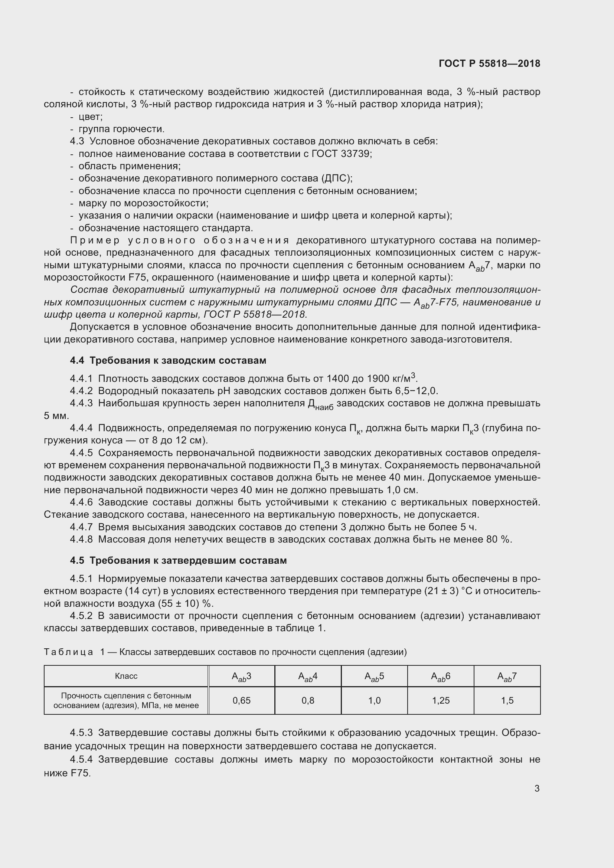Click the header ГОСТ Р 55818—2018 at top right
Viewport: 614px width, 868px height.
(x=489, y=63)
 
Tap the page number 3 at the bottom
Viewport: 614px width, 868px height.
(x=537, y=788)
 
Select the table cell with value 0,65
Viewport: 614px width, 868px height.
(x=242, y=701)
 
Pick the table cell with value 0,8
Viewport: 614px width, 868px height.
(x=308, y=701)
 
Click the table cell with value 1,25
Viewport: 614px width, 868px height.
(x=441, y=701)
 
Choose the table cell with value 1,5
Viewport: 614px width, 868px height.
(x=507, y=701)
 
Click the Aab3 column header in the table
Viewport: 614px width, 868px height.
(x=242, y=677)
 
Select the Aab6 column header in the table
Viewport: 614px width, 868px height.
(x=441, y=677)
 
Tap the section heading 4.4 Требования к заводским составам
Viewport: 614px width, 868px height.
(x=168, y=360)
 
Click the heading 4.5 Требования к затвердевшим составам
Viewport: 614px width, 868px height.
(x=178, y=560)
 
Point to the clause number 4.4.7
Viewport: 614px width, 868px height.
(x=81, y=527)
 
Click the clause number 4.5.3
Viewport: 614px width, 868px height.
(x=81, y=733)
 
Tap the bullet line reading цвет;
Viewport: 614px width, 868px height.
(x=90, y=117)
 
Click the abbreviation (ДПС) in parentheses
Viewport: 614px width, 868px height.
(x=336, y=178)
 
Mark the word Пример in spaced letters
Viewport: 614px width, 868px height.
(x=95, y=240)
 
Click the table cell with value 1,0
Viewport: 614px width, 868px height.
(x=374, y=701)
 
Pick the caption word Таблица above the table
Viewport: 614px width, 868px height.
(x=68, y=652)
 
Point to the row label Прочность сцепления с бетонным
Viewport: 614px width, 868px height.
(x=126, y=695)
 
